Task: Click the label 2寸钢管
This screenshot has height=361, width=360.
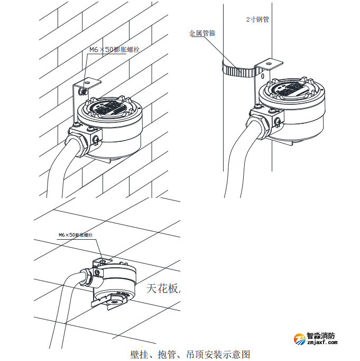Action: click(257, 20)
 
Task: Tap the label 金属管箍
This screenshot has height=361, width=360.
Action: click(202, 33)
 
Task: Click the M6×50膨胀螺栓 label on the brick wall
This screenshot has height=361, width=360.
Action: click(114, 50)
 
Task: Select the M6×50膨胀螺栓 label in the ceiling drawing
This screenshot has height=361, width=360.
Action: click(76, 235)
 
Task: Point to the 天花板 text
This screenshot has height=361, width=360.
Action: click(162, 288)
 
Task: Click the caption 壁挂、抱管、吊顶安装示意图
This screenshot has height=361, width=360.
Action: click(190, 355)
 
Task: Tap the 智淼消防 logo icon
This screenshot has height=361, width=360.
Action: click(300, 339)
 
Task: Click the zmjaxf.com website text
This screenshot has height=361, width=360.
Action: click(322, 342)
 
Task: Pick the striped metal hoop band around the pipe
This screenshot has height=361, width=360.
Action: click(239, 70)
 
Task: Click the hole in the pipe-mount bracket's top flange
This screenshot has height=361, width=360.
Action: click(268, 62)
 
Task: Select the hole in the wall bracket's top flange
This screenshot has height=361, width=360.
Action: click(87, 82)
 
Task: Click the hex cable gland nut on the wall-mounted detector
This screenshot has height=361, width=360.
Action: click(79, 146)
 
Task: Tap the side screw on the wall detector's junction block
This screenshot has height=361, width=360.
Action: click(96, 139)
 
